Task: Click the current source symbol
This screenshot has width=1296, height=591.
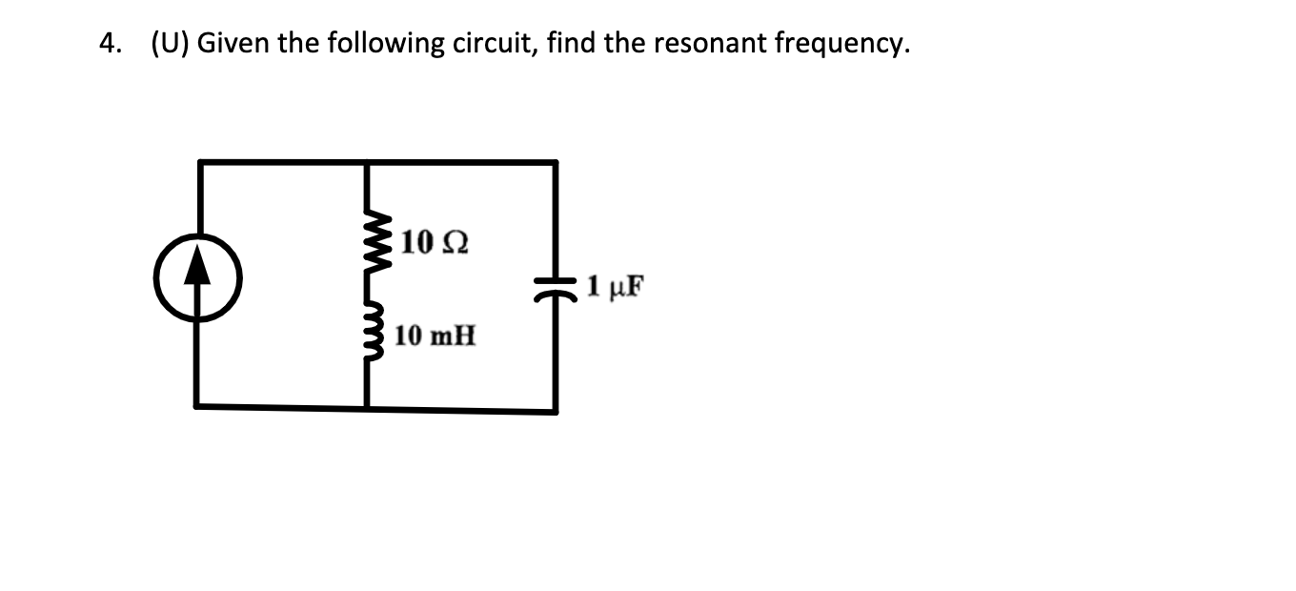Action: click(x=198, y=277)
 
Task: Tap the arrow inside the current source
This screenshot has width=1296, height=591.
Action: click(x=198, y=270)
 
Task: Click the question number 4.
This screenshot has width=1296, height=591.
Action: click(x=110, y=44)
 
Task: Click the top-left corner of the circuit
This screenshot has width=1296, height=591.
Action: click(x=198, y=163)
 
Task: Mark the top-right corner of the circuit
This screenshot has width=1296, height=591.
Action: click(x=557, y=163)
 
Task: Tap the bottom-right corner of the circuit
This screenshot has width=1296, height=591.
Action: click(x=557, y=411)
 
